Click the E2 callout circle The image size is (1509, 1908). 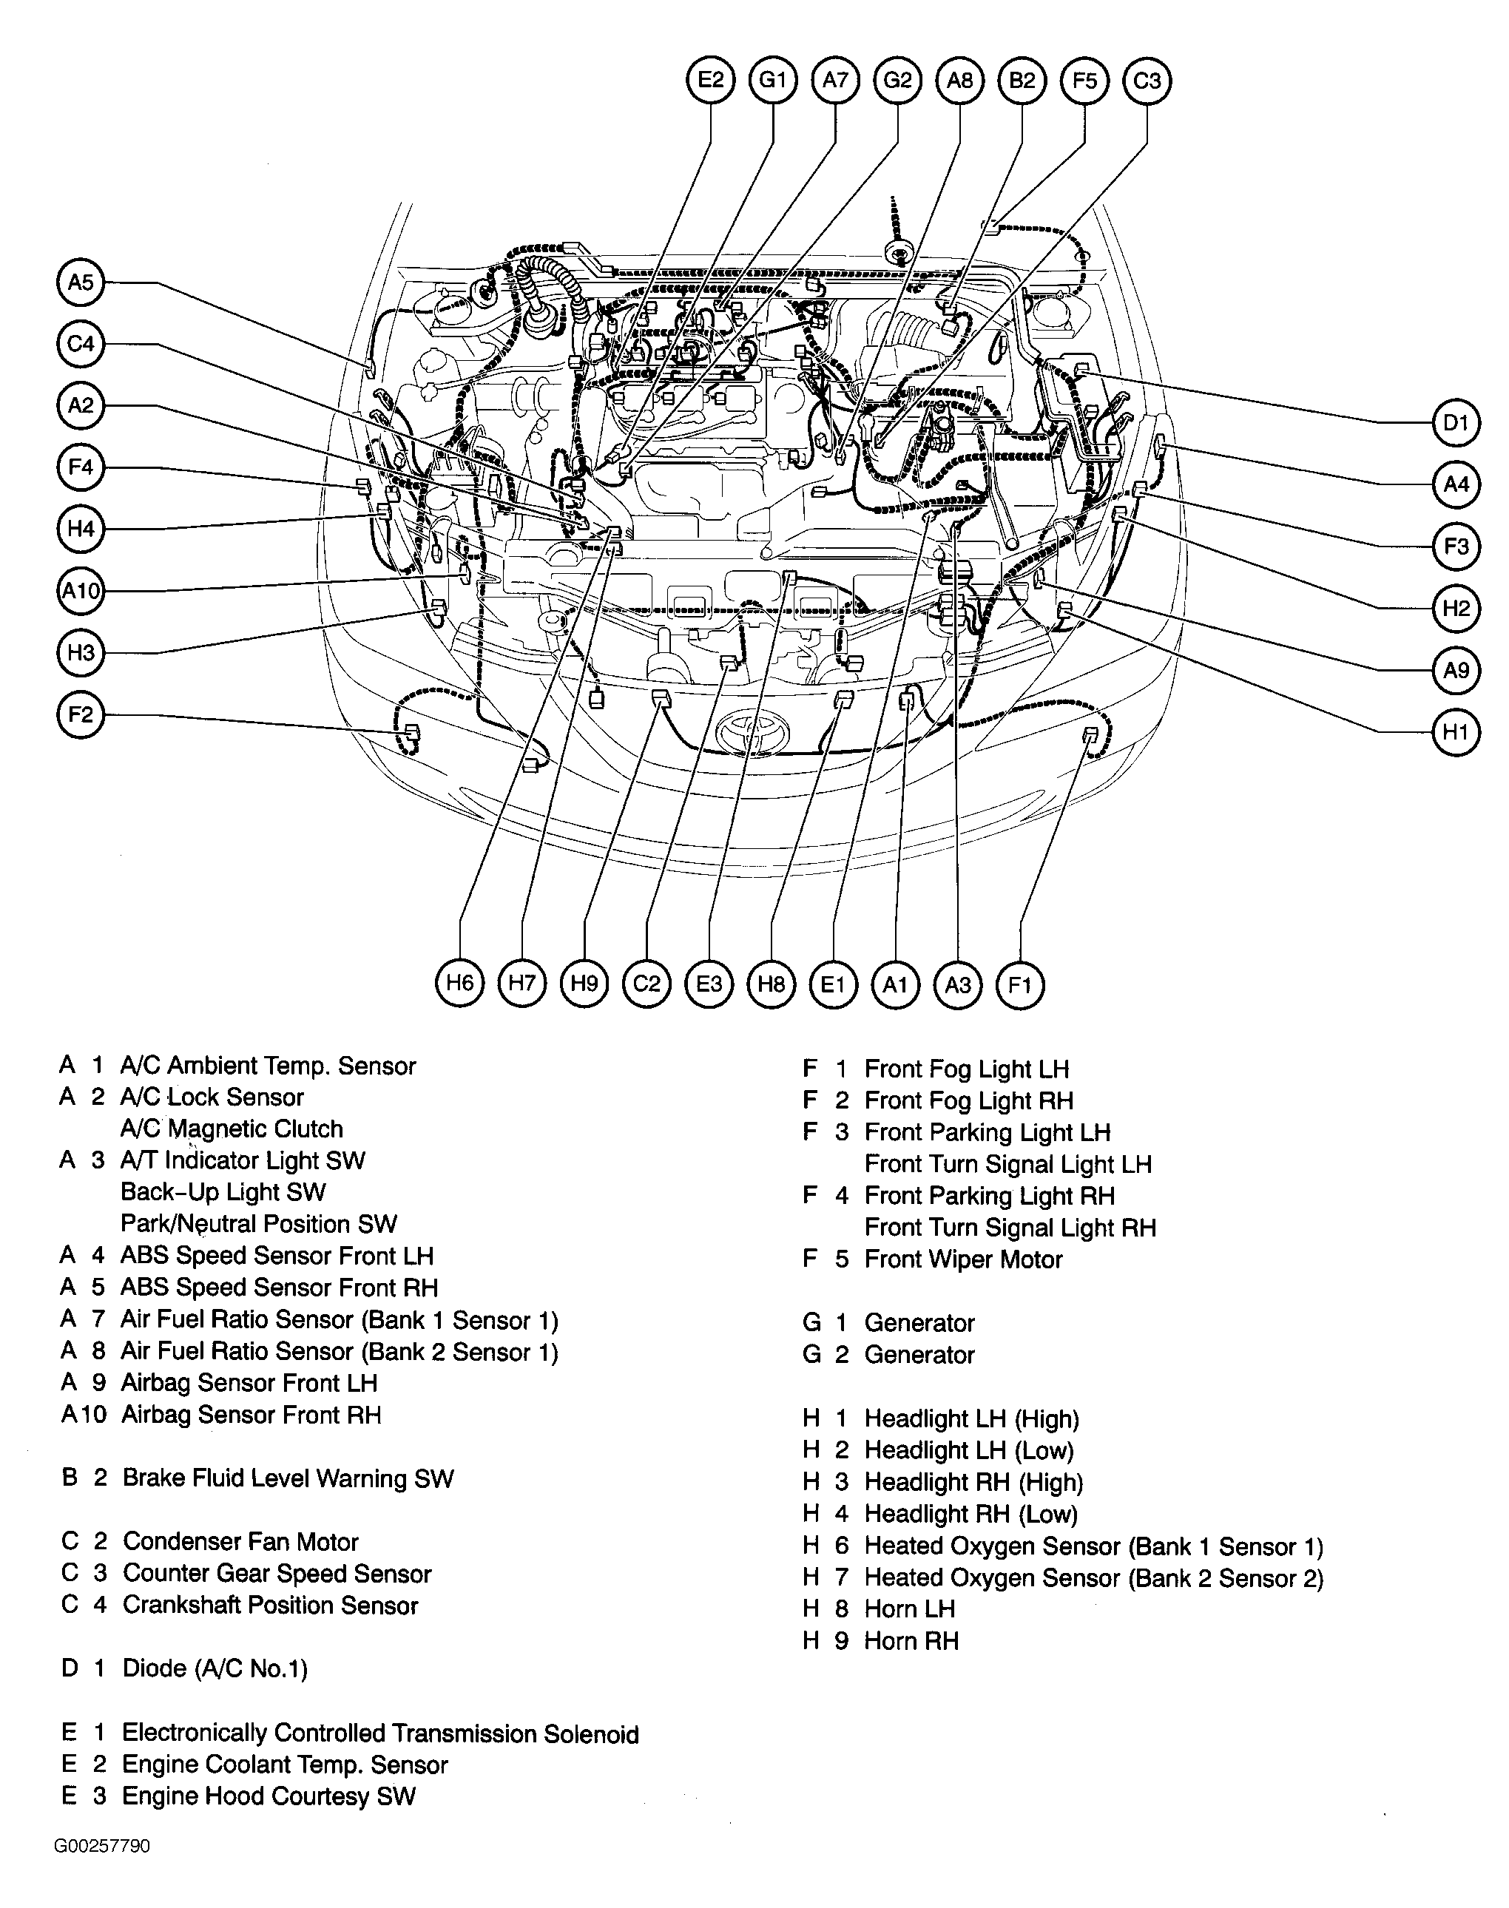[711, 81]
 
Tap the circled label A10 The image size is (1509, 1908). [81, 590]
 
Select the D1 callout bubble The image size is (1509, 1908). [1456, 423]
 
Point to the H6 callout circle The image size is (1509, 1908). [460, 983]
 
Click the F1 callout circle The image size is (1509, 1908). [1021, 984]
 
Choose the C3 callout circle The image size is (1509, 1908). [1147, 81]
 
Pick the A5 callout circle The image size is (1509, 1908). [81, 282]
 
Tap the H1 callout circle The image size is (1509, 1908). [1456, 731]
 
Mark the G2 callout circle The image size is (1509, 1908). [897, 81]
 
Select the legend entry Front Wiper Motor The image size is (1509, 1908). [963, 1259]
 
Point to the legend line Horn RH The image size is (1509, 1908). [911, 1640]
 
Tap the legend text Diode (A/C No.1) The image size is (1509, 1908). [215, 1668]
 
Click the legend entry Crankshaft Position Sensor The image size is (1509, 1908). [270, 1605]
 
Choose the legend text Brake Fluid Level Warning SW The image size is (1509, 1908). [288, 1479]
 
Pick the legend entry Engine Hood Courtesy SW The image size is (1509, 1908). [269, 1796]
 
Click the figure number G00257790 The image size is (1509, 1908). [103, 1846]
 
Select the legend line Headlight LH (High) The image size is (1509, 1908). [972, 1418]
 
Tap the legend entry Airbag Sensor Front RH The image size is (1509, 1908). [251, 1414]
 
